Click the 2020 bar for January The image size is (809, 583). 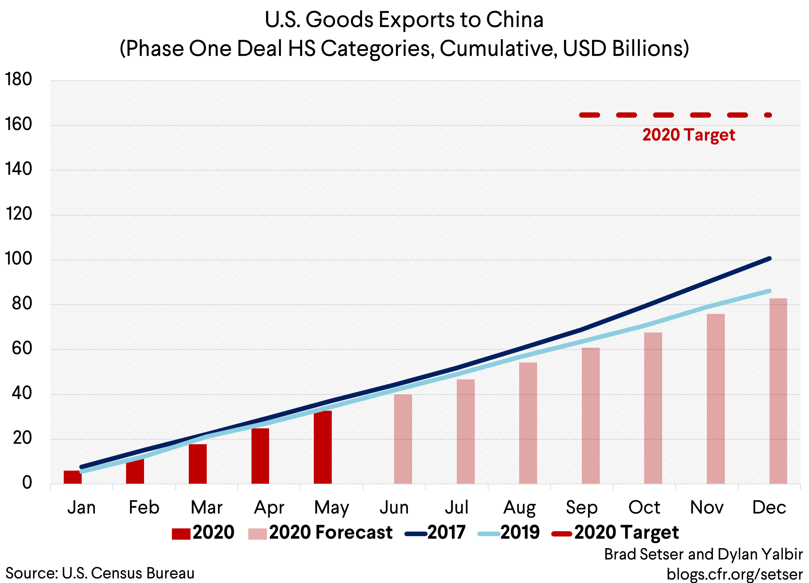(x=73, y=477)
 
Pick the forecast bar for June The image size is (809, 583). (x=403, y=439)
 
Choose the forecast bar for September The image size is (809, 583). (x=590, y=416)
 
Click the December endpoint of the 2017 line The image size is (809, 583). (x=770, y=259)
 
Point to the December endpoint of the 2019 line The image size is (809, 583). (x=770, y=291)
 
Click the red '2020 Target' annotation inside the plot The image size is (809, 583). (x=689, y=135)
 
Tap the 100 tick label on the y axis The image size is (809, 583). (x=18, y=259)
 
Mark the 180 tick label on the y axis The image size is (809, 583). (x=18, y=79)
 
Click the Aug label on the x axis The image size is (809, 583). (x=519, y=507)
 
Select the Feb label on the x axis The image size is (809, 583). (x=144, y=507)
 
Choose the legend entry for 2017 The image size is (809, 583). (x=435, y=533)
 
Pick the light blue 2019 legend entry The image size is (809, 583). (x=509, y=533)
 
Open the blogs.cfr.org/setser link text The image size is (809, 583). (x=734, y=574)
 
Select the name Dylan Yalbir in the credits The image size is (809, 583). (x=760, y=554)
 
